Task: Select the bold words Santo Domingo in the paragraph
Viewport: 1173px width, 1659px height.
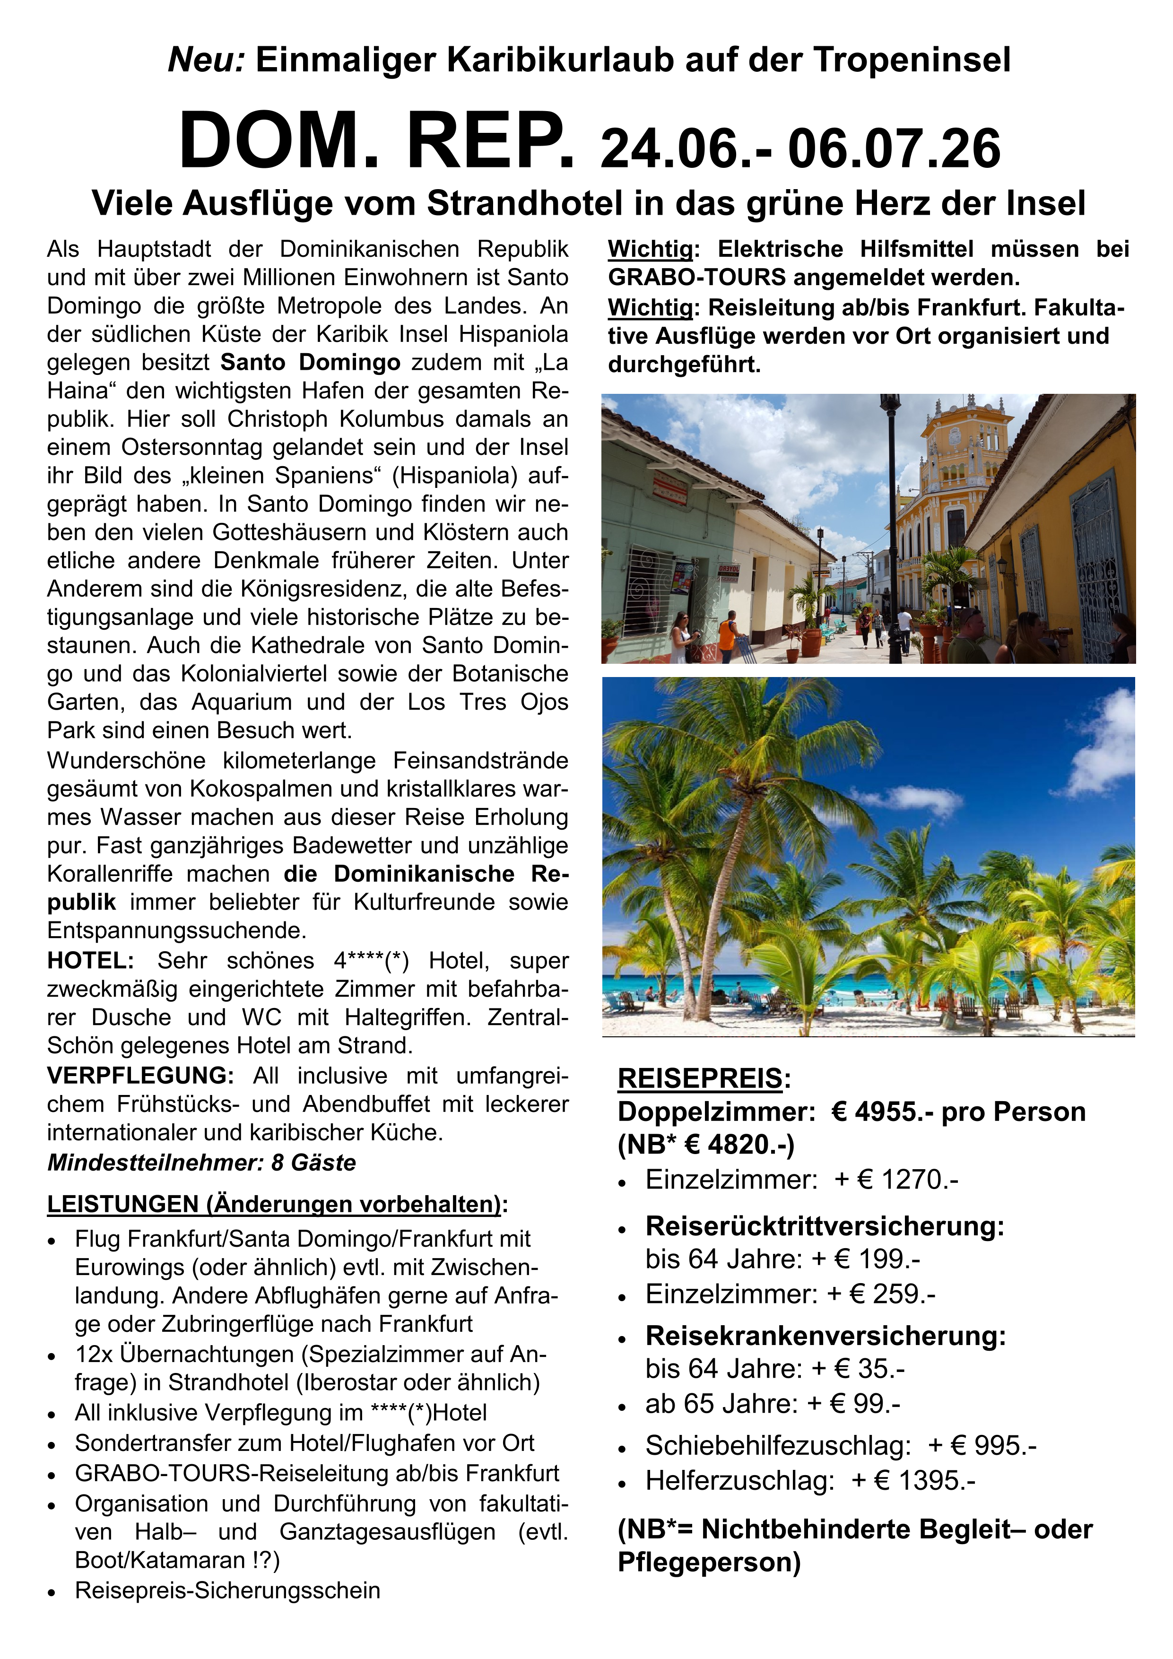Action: [310, 363]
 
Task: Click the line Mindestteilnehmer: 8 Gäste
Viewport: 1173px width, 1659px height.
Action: [201, 1163]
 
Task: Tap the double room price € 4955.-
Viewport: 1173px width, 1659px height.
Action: [882, 1112]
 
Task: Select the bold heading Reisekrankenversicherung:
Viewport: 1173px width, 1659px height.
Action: [825, 1336]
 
